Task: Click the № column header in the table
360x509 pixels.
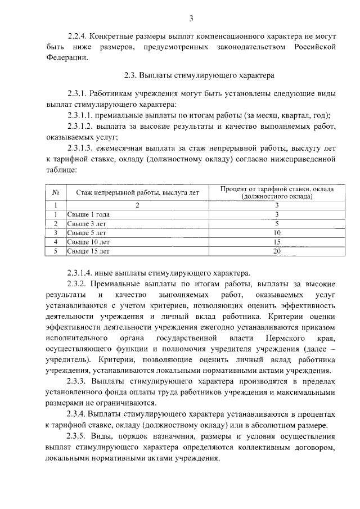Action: click(56, 193)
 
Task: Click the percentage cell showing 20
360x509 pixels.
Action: click(277, 251)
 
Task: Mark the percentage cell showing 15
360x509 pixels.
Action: click(277, 242)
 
